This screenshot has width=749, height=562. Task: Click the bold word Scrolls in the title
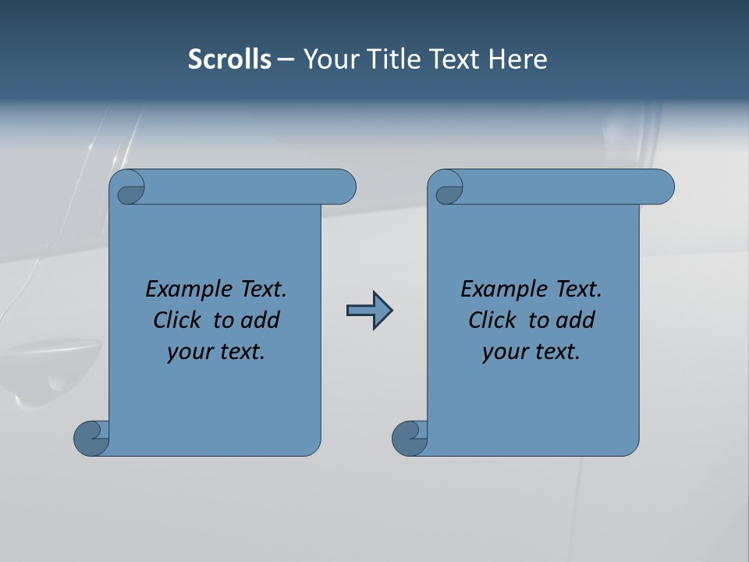coord(229,59)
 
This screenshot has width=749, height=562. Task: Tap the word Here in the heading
coord(518,59)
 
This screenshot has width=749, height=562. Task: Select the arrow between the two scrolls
coord(369,311)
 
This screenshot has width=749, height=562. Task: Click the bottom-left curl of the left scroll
coord(91,438)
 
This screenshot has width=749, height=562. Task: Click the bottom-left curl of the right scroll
coord(409,438)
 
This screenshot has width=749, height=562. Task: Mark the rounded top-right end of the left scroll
coord(344,187)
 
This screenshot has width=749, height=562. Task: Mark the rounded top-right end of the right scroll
coord(662,187)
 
